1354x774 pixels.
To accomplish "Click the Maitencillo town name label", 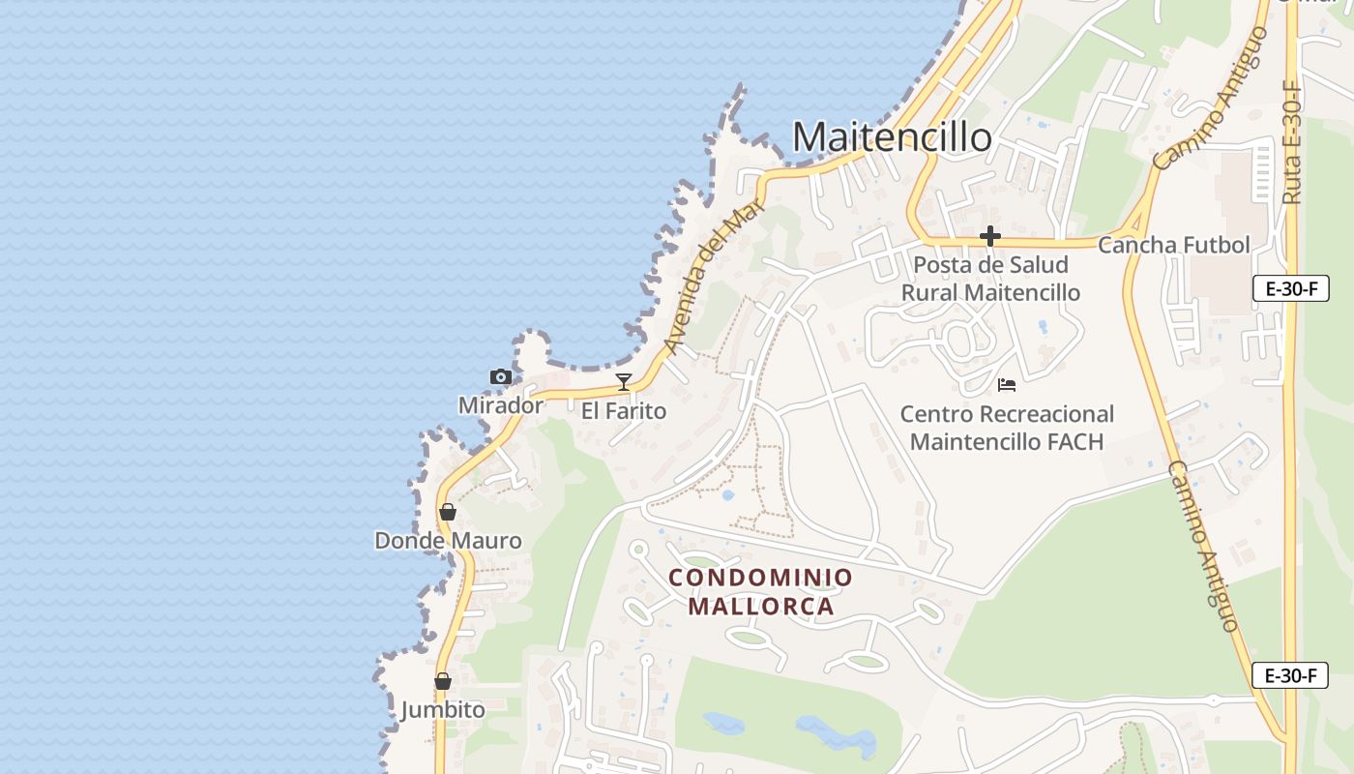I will pyautogui.click(x=892, y=137).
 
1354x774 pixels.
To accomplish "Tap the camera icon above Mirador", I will pyautogui.click(x=500, y=377).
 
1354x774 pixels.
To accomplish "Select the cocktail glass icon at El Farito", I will pyautogui.click(x=624, y=382).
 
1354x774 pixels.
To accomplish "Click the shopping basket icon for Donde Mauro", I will pyautogui.click(x=447, y=512).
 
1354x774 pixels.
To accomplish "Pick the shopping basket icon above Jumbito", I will pyautogui.click(x=442, y=681).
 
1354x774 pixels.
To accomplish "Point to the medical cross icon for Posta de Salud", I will pyautogui.click(x=989, y=236).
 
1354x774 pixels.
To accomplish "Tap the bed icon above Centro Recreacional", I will pyautogui.click(x=1006, y=385).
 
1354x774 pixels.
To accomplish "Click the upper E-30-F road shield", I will pyautogui.click(x=1290, y=288).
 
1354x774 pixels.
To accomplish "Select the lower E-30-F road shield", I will pyautogui.click(x=1290, y=675).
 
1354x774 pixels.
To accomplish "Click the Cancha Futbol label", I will pyautogui.click(x=1173, y=245).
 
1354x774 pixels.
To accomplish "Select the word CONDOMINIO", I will pyautogui.click(x=761, y=578).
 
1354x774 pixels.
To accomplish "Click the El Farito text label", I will pyautogui.click(x=624, y=411).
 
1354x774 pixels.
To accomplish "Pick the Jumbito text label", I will pyautogui.click(x=443, y=710).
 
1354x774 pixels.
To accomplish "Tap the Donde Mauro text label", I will pyautogui.click(x=448, y=541).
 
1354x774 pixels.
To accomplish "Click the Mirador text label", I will pyautogui.click(x=500, y=405).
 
